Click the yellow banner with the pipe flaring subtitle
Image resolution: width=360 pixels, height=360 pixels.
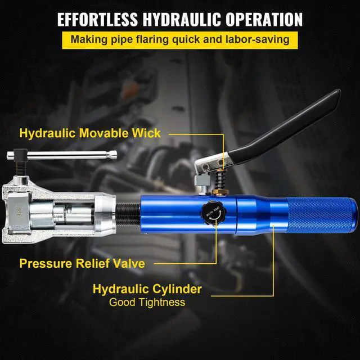pos(180,40)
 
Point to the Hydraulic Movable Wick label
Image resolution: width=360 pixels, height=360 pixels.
pos(90,134)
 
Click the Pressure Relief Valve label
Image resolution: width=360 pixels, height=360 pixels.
pos(82,263)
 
